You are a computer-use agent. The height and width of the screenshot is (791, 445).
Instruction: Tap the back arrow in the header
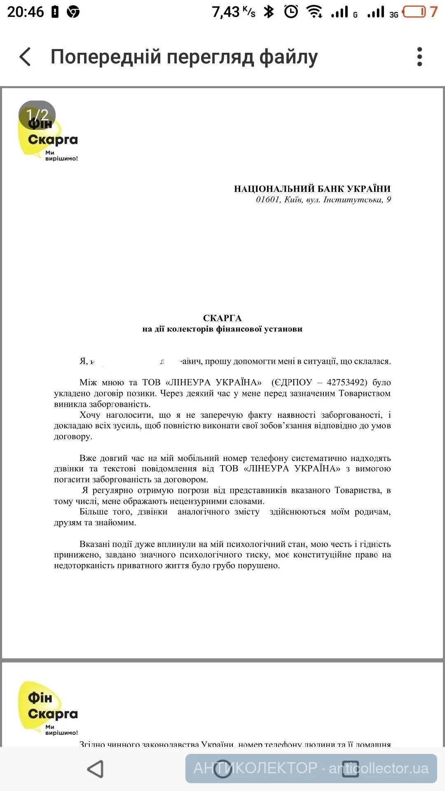pyautogui.click(x=25, y=56)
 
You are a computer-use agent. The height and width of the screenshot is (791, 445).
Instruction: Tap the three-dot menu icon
pyautogui.click(x=419, y=56)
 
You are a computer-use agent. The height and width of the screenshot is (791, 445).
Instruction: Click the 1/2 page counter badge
pyautogui.click(x=37, y=115)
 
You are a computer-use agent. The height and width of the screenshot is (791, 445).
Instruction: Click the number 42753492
pyautogui.click(x=347, y=382)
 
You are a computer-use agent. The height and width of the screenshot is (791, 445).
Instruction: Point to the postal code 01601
pyautogui.click(x=268, y=200)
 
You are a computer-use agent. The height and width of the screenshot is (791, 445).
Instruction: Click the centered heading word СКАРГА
pyautogui.click(x=222, y=318)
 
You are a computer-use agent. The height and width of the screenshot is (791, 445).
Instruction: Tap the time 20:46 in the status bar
pyautogui.click(x=26, y=12)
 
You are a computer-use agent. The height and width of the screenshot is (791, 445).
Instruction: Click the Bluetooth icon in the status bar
pyautogui.click(x=269, y=12)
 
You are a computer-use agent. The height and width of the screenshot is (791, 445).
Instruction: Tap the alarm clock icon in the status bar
pyautogui.click(x=291, y=12)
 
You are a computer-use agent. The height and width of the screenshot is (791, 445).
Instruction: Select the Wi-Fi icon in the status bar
pyautogui.click(x=314, y=12)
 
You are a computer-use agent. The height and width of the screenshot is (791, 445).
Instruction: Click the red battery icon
pyautogui.click(x=414, y=12)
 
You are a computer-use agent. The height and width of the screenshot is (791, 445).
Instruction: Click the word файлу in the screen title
pyautogui.click(x=288, y=56)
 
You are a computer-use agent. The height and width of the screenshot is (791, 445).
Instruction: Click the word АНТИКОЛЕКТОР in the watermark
pyautogui.click(x=255, y=768)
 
